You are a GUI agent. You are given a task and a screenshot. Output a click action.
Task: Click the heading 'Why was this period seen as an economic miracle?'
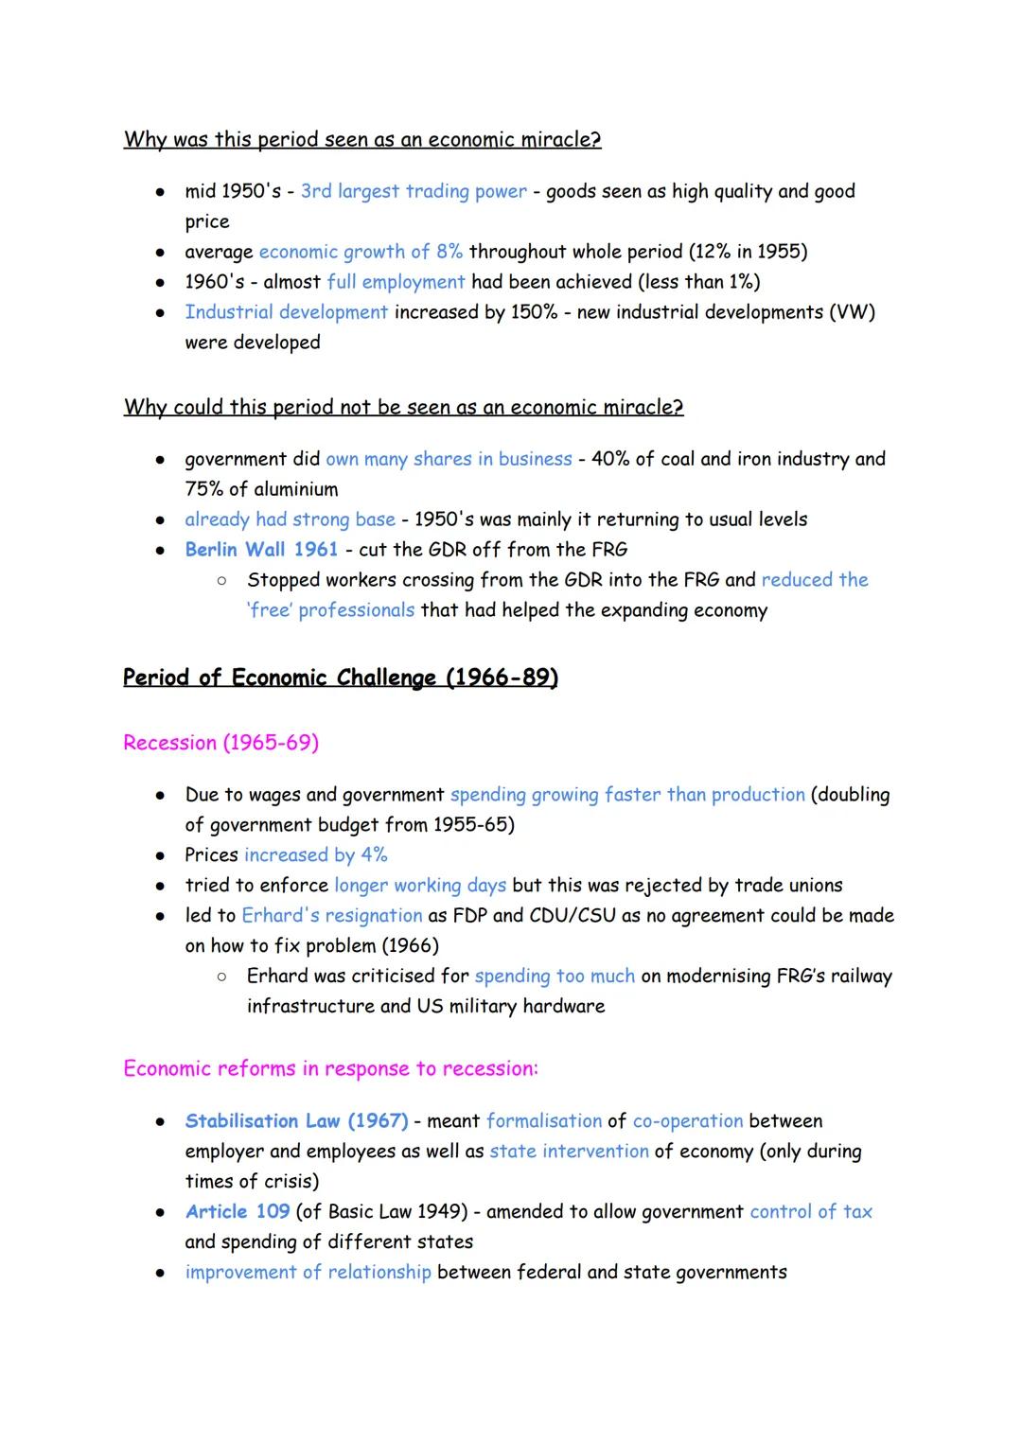tap(362, 140)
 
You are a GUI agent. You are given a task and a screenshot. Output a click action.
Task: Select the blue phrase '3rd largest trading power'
tap(414, 191)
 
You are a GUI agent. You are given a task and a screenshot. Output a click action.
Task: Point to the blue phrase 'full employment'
tap(396, 282)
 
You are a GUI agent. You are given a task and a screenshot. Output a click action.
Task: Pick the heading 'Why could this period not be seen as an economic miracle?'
tap(403, 407)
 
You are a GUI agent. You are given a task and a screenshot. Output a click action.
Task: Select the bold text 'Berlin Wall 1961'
tap(261, 550)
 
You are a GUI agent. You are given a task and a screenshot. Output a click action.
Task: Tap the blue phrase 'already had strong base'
tap(290, 519)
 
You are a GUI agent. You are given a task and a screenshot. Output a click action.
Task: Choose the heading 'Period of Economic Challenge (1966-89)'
tap(341, 678)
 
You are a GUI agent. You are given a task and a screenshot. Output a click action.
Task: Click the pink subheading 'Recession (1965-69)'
tap(220, 743)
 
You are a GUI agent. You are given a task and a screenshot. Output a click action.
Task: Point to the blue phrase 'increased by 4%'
tap(316, 855)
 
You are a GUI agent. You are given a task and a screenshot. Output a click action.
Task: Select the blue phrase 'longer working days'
tap(420, 886)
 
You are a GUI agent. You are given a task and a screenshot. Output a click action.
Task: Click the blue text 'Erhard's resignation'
tap(331, 916)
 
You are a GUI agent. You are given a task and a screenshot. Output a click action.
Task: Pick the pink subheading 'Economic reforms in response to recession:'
tap(330, 1069)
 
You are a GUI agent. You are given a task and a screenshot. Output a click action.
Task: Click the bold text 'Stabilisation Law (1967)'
tap(296, 1121)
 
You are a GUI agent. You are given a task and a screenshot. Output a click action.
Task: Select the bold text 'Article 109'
tap(238, 1212)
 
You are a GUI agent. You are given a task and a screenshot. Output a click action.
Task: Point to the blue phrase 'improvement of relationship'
tap(308, 1273)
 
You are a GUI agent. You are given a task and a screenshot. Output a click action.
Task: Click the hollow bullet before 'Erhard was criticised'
tap(220, 976)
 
